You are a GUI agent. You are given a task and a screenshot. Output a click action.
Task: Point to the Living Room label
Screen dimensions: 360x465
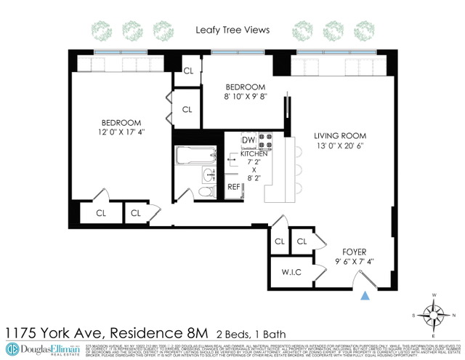[x=340, y=136]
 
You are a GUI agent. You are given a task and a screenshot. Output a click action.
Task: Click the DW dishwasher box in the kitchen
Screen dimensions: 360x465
[x=248, y=140]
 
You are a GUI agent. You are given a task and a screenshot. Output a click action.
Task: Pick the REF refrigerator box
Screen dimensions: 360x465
[x=234, y=187]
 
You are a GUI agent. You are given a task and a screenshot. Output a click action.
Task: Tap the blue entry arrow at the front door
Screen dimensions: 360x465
[x=366, y=295]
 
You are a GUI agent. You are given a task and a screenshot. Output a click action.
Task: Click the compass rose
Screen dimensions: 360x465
[x=435, y=315]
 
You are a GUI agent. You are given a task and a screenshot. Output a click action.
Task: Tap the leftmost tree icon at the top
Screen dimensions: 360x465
[x=102, y=30]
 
